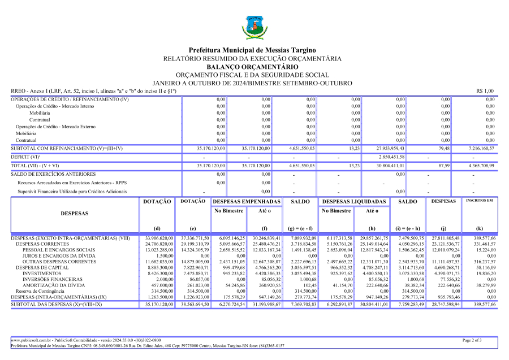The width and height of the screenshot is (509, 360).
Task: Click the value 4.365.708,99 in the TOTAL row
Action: (481, 166)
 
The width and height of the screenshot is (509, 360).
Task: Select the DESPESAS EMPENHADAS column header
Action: (247, 202)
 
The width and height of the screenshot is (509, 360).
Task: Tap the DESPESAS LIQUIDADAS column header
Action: (355, 202)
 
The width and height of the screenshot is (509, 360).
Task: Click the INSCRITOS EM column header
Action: (478, 201)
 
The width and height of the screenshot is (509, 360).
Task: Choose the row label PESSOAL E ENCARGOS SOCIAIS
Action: (59, 250)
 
